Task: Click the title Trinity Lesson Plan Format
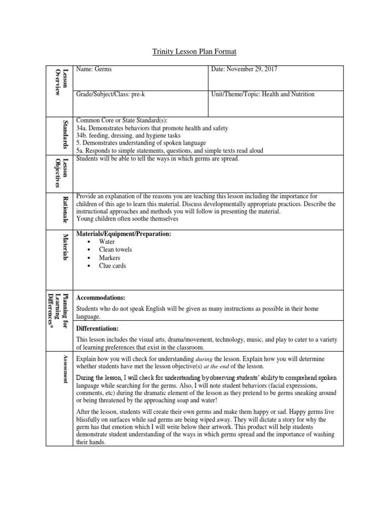194,52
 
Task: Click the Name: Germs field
94,69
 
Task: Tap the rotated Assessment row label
64,369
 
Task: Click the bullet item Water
107,242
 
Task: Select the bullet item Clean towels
115,250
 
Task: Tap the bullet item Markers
109,258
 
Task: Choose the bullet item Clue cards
112,266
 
